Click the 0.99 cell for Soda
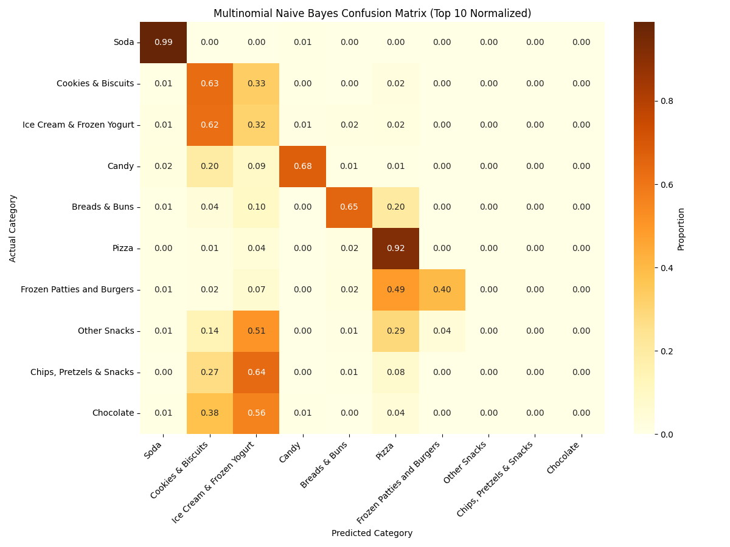click(163, 43)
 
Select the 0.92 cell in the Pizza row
click(395, 249)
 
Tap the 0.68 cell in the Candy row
click(302, 166)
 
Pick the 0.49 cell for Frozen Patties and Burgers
click(395, 290)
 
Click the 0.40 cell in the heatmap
click(442, 290)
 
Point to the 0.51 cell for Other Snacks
click(256, 331)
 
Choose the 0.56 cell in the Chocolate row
click(256, 413)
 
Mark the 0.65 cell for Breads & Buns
click(349, 207)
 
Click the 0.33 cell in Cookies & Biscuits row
click(256, 84)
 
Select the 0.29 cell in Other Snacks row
click(395, 331)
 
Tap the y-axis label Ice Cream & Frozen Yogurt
click(78, 125)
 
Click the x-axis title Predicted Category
click(372, 534)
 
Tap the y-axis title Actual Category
click(13, 228)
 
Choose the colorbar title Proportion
click(681, 229)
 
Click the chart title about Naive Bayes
click(372, 13)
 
